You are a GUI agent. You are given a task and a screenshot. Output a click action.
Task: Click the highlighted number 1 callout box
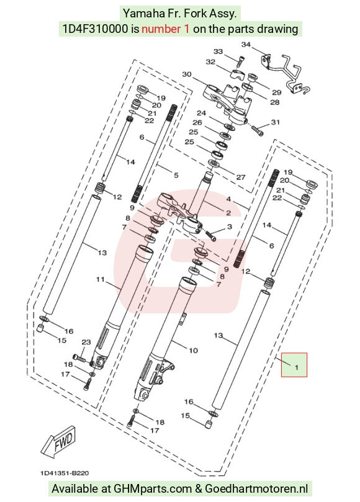pos(294,365)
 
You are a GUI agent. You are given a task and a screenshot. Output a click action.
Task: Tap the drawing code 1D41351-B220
pos(65,473)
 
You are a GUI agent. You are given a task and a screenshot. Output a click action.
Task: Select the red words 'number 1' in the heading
pos(165,29)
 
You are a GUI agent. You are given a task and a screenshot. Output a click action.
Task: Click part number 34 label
pos(246,45)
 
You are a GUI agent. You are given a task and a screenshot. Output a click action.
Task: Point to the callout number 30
pos(187,74)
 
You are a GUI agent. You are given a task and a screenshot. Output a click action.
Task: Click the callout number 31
pos(276,122)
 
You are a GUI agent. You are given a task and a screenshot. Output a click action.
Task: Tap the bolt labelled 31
pos(257,130)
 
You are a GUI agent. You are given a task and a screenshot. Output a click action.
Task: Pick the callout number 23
pos(86,343)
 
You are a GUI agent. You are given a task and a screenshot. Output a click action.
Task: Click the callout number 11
pos(101,279)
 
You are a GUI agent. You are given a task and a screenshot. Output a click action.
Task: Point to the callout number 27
pos(241,177)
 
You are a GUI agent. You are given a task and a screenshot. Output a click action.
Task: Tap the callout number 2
pos(228,213)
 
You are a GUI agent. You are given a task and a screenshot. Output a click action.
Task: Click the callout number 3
pos(229,226)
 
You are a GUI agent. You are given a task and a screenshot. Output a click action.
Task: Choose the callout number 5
pos(176,175)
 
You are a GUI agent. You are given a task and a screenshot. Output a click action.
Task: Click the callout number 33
pos(218,52)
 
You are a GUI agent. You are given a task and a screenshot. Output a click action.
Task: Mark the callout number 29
pos(277,92)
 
